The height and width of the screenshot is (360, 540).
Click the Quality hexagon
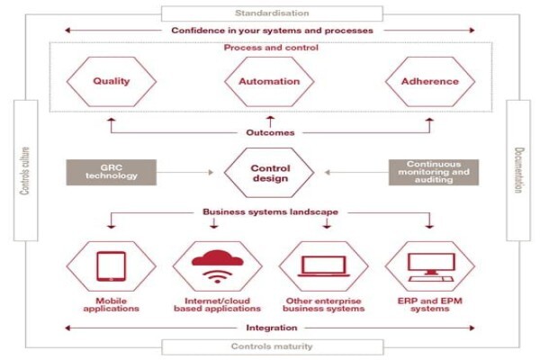pyautogui.click(x=112, y=82)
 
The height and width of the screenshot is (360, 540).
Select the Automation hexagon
pyautogui.click(x=269, y=82)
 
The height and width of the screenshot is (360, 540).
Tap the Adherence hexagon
pyautogui.click(x=430, y=82)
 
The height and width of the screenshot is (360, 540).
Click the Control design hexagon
pyautogui.click(x=269, y=173)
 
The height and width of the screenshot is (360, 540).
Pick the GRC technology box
pyautogui.click(x=112, y=172)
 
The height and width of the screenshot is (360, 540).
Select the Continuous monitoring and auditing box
pyautogui.click(x=434, y=172)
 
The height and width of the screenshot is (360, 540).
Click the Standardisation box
pyautogui.click(x=272, y=13)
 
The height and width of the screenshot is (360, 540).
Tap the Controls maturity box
pyautogui.click(x=272, y=346)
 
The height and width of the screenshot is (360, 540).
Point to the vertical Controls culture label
pyautogui.click(x=25, y=171)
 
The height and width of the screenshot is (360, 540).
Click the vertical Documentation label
pyautogui.click(x=519, y=170)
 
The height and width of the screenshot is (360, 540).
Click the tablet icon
pyautogui.click(x=112, y=266)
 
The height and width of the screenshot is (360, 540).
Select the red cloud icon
pyautogui.click(x=217, y=258)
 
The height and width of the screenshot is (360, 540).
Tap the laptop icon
pyautogui.click(x=324, y=266)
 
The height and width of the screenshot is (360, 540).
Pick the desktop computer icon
pyautogui.click(x=430, y=267)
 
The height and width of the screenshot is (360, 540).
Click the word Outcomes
pyautogui.click(x=270, y=132)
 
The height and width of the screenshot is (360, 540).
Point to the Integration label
pyautogui.click(x=272, y=328)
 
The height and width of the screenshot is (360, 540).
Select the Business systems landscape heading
pyautogui.click(x=270, y=211)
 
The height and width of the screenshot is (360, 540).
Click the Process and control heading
pyautogui.click(x=271, y=48)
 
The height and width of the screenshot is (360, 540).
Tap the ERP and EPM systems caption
pyautogui.click(x=430, y=304)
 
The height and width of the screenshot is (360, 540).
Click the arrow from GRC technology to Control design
pyautogui.click(x=185, y=172)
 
